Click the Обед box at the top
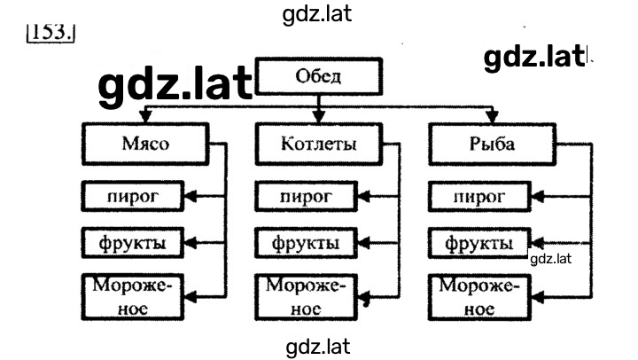[319, 76]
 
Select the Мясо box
[145, 144]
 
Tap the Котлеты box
[319, 144]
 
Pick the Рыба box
[493, 144]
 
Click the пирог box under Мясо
[133, 196]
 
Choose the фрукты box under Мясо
[133, 243]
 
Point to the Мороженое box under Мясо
[133, 297]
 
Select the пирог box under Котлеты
[306, 196]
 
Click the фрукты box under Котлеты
[306, 243]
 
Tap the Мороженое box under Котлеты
[306, 297]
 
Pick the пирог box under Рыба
[479, 196]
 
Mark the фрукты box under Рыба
[479, 243]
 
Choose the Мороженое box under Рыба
[479, 297]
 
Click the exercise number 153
[51, 32]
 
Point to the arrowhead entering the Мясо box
[145, 116]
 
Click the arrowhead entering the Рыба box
[493, 116]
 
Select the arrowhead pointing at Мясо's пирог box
[191, 197]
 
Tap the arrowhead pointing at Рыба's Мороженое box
[538, 297]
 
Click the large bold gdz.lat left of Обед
[175, 85]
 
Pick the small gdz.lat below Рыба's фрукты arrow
[550, 259]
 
